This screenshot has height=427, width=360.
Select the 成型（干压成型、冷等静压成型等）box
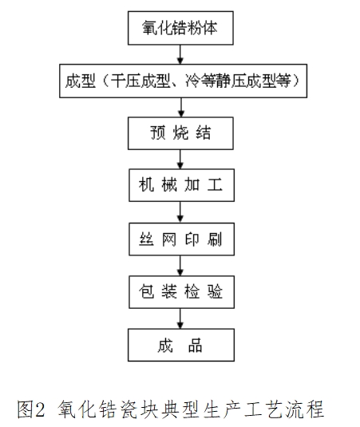click(182, 81)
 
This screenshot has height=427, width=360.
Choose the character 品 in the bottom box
click(195, 346)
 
